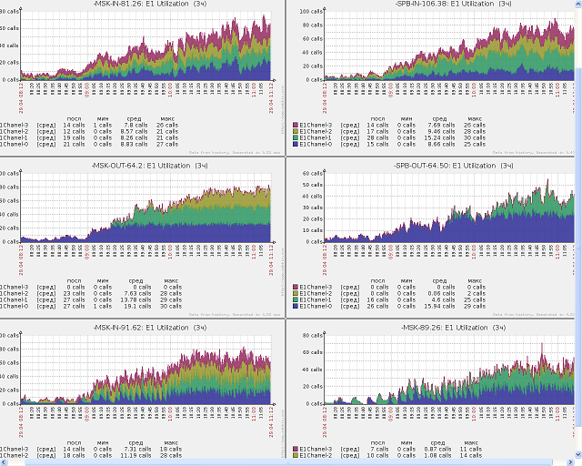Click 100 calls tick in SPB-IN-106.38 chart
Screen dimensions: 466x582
(x=311, y=12)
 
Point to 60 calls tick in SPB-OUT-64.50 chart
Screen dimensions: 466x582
(x=313, y=174)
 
